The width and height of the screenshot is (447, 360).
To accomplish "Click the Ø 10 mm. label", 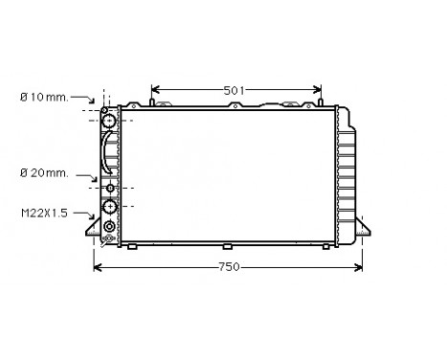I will pos(43,96).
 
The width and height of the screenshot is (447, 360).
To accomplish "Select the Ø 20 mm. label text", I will pos(43,172).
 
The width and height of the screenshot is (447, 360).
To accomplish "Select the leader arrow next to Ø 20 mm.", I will pos(93,177).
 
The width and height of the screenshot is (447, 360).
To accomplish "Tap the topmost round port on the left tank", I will pos(109,121).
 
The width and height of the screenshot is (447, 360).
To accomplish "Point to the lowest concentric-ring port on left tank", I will pos(109,227).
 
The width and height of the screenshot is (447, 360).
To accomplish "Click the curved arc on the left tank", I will pos(104,153).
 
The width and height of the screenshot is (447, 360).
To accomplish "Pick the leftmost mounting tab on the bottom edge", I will pos(133,247).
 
